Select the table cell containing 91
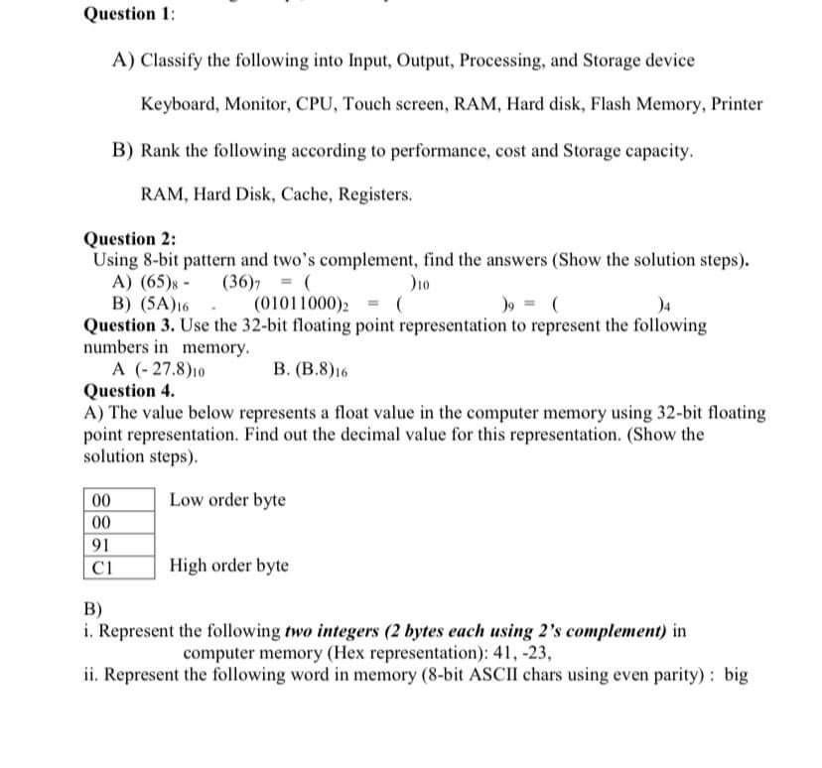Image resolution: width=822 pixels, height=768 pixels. pyautogui.click(x=99, y=545)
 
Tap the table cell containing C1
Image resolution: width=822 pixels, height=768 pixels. pyautogui.click(x=99, y=567)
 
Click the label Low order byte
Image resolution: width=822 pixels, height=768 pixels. pyautogui.click(x=227, y=499)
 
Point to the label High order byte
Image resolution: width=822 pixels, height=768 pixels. pyautogui.click(x=229, y=566)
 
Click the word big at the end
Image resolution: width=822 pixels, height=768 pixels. pyautogui.click(x=736, y=676)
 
